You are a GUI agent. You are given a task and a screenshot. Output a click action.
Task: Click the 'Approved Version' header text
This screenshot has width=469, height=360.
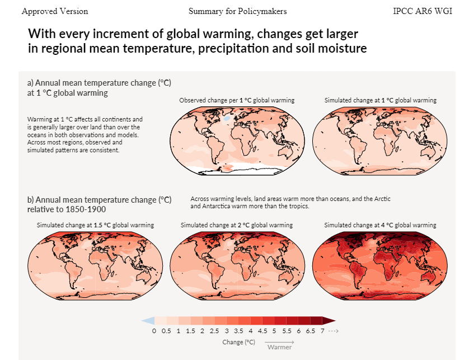pos(55,11)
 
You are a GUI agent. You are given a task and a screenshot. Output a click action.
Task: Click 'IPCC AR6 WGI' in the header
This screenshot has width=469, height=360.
pos(423,11)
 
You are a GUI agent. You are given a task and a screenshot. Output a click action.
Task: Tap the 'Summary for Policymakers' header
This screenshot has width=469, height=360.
pos(237,11)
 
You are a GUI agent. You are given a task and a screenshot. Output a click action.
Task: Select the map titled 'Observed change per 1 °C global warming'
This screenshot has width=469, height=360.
pos(237,141)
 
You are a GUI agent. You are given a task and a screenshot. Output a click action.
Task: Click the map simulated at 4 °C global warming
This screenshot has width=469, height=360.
pos(380,266)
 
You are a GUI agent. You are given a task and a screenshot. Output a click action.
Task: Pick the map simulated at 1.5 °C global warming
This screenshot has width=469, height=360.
pos(95,266)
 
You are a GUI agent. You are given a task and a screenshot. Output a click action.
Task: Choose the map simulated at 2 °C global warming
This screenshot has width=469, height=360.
pos(237,266)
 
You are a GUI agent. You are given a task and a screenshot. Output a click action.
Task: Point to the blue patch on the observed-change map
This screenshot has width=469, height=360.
pos(227,119)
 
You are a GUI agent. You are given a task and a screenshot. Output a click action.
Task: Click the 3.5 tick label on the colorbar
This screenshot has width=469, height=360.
pos(238,331)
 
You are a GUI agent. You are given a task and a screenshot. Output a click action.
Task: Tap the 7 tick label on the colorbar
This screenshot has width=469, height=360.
pos(322,331)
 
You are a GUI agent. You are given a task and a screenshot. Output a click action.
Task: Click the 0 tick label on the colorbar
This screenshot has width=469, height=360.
pos(154,331)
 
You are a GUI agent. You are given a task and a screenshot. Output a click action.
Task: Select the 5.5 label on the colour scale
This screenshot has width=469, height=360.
pos(287,331)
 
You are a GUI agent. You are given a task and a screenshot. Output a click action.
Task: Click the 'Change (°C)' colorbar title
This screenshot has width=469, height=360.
pos(238,342)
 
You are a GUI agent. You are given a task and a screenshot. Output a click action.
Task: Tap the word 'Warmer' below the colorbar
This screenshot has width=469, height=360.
pos(279,347)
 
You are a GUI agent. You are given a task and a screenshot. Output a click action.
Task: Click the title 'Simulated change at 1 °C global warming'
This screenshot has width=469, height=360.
pos(380,100)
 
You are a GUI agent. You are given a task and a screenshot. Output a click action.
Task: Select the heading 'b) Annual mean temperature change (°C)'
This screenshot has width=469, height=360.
pos(99,200)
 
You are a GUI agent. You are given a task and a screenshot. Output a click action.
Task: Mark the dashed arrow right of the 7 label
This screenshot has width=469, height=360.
pos(333,331)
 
